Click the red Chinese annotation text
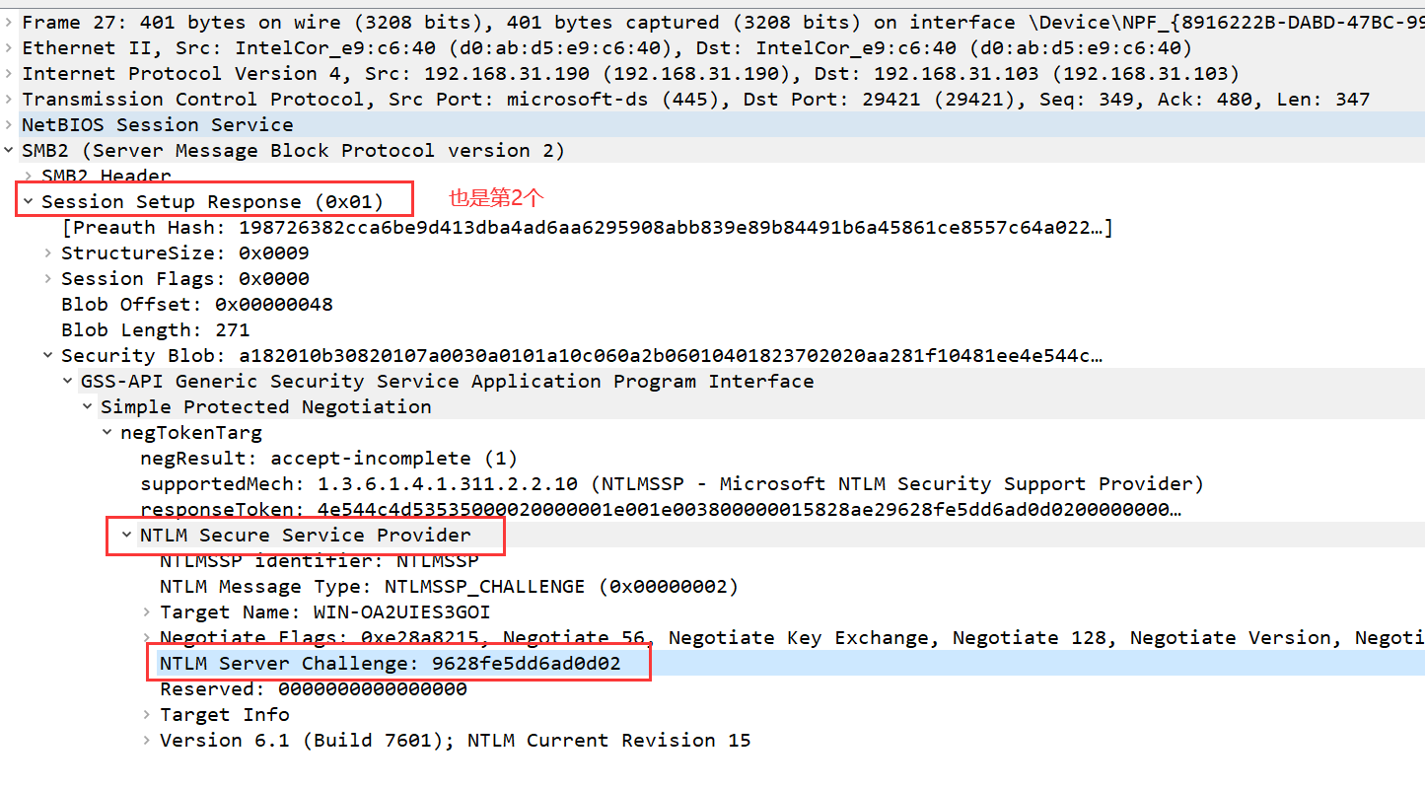[496, 197]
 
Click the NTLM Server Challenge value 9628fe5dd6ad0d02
[527, 663]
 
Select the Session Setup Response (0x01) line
[212, 201]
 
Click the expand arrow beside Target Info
[146, 714]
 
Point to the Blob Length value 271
[232, 329]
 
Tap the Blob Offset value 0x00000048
[273, 304]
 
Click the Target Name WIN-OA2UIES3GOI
[401, 611]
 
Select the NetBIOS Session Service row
[158, 124]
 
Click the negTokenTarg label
[191, 432]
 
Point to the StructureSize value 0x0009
[273, 252]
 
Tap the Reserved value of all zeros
[373, 688]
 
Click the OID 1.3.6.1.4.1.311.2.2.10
[449, 483]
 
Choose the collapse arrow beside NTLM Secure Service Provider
[125, 535]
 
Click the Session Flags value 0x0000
[273, 278]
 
